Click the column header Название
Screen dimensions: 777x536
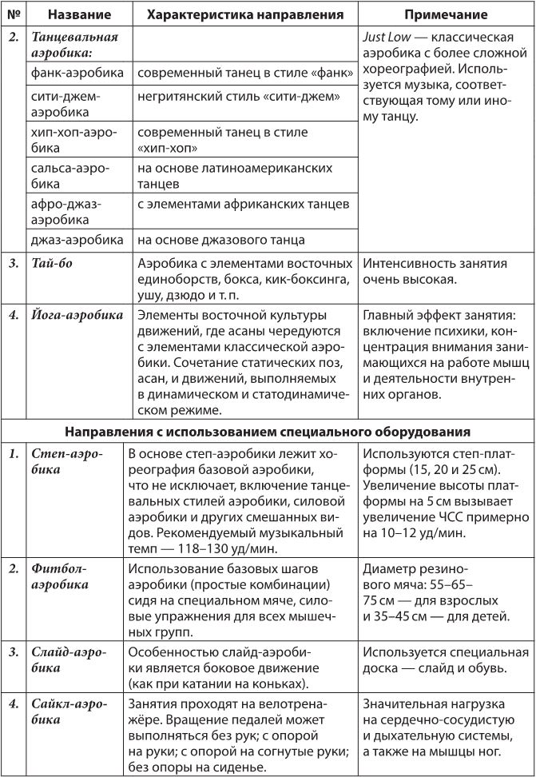pyautogui.click(x=78, y=15)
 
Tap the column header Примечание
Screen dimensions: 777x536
pyautogui.click(x=446, y=15)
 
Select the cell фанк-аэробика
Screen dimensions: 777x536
pyautogui.click(x=77, y=73)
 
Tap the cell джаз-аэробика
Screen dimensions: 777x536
pyautogui.click(x=77, y=239)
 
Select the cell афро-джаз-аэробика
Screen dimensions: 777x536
pyautogui.click(x=77, y=211)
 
